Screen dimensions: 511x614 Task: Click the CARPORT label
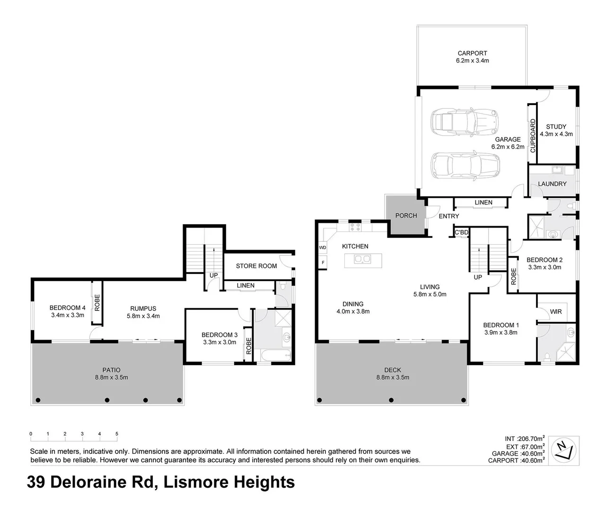pyautogui.click(x=472, y=53)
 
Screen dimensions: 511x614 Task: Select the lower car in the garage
pyautogui.click(x=465, y=165)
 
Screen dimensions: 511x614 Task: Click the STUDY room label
pyautogui.click(x=556, y=127)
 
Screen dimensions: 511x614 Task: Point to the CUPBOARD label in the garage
pyautogui.click(x=533, y=136)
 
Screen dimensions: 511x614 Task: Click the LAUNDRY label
pyautogui.click(x=552, y=184)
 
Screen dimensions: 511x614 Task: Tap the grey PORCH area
pyautogui.click(x=406, y=215)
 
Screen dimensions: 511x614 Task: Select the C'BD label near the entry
pyautogui.click(x=461, y=232)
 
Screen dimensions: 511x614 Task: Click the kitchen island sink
pyautogui.click(x=363, y=259)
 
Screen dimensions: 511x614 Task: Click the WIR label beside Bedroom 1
pyautogui.click(x=555, y=311)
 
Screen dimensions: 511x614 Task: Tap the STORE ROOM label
pyautogui.click(x=256, y=266)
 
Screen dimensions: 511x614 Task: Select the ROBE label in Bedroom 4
pyautogui.click(x=97, y=302)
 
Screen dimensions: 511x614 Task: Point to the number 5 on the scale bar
pyautogui.click(x=116, y=434)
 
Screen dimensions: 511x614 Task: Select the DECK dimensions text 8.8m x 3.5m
pyautogui.click(x=392, y=377)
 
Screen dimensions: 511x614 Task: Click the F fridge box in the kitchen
pyautogui.click(x=323, y=262)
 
